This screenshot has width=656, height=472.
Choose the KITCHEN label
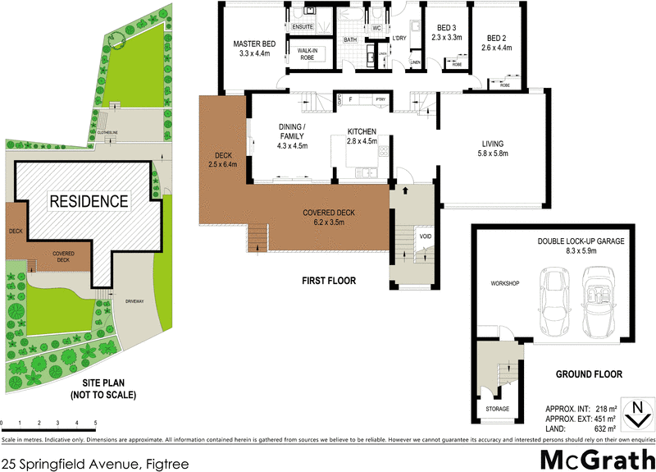pyautogui.click(x=362, y=131)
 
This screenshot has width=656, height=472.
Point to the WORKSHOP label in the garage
pyautogui.click(x=505, y=283)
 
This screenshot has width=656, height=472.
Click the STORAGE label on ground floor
pyautogui.click(x=497, y=409)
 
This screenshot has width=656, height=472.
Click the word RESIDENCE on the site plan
pyautogui.click(x=89, y=201)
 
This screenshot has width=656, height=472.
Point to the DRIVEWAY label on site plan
pyautogui.click(x=134, y=302)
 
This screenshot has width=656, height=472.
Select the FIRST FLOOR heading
pyautogui.click(x=328, y=282)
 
